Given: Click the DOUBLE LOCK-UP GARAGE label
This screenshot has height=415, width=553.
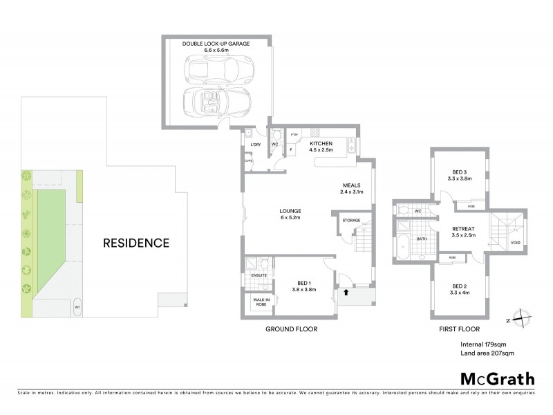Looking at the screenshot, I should (x=216, y=44).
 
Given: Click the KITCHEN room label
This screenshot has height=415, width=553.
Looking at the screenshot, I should (x=321, y=143).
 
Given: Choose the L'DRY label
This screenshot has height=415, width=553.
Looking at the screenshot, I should (x=247, y=144).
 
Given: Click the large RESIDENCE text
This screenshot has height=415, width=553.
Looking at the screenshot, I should (x=136, y=243).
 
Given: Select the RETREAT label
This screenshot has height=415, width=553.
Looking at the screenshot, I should (x=462, y=228).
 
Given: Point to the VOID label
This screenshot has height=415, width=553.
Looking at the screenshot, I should (x=516, y=243).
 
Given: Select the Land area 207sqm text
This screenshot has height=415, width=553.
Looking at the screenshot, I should (x=487, y=353).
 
